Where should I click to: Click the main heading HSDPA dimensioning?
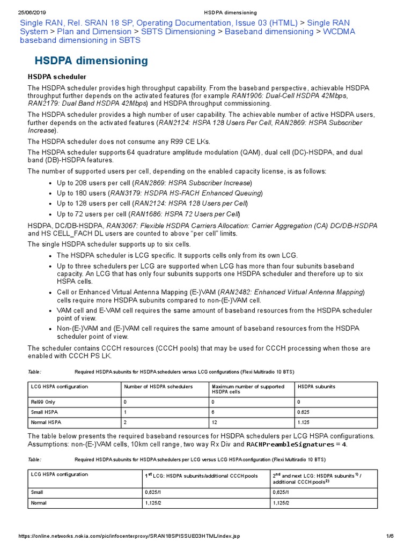click(91, 61)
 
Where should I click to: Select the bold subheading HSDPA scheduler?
click(57, 77)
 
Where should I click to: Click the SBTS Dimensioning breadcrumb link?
click(178, 32)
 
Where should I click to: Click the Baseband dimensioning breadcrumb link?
click(269, 32)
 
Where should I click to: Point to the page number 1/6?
click(390, 536)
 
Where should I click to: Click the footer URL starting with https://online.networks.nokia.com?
click(129, 536)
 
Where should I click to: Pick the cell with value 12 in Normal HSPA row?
click(215, 422)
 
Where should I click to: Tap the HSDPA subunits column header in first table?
click(316, 387)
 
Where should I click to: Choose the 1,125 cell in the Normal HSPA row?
click(304, 422)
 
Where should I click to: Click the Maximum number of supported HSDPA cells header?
click(248, 389)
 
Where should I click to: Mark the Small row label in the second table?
click(39, 492)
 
